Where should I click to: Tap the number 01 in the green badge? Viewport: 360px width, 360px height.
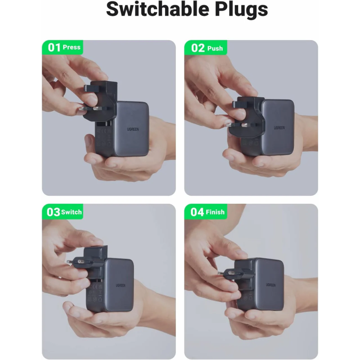click(54, 47)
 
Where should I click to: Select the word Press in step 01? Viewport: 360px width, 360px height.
click(72, 47)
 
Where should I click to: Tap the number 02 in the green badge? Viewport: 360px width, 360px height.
click(198, 48)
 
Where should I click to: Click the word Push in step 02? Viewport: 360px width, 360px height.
click(215, 48)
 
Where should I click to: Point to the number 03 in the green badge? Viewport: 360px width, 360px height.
click(54, 212)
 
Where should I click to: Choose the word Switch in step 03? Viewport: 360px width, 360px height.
click(72, 212)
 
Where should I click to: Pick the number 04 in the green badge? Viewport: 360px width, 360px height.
click(197, 212)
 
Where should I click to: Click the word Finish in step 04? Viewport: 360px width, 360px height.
click(215, 212)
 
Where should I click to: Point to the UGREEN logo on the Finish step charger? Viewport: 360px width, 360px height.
click(270, 285)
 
